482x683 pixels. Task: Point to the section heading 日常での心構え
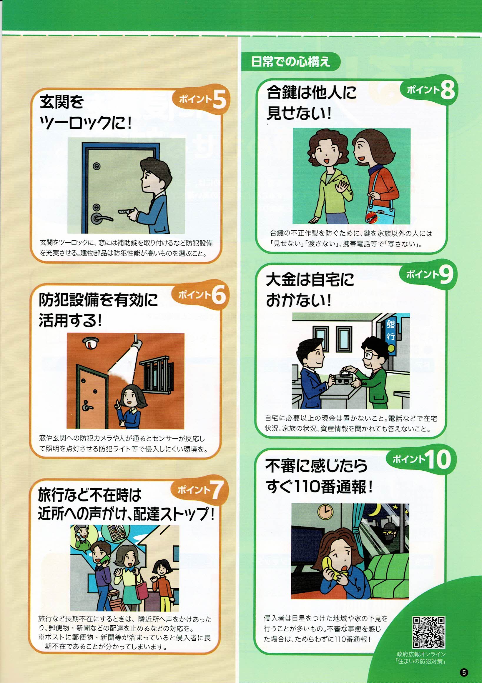(x=290, y=61)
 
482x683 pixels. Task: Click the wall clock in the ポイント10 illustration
(x=326, y=511)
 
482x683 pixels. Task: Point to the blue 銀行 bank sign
(x=390, y=331)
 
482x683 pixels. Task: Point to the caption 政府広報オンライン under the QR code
(x=421, y=654)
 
